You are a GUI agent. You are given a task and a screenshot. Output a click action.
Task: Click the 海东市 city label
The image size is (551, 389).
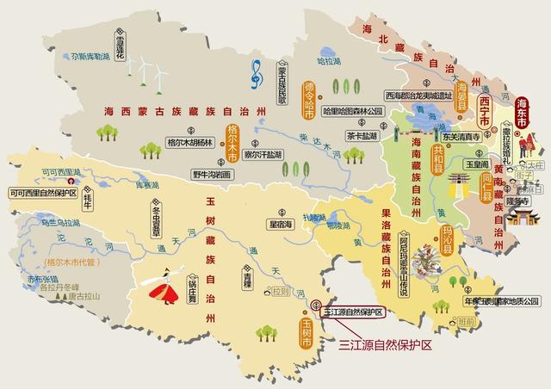pyautogui.click(x=521, y=114)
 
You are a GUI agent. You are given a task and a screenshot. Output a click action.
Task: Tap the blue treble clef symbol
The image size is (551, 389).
pyautogui.click(x=256, y=76)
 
